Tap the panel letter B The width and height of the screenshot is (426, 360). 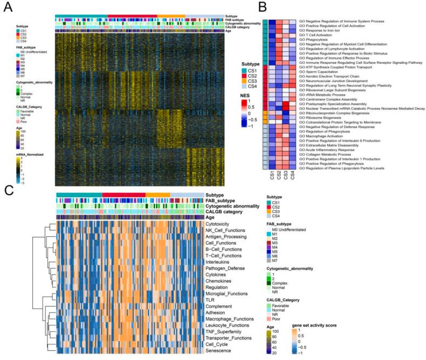click(x=262, y=7)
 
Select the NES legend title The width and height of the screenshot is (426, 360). click(x=248, y=94)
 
